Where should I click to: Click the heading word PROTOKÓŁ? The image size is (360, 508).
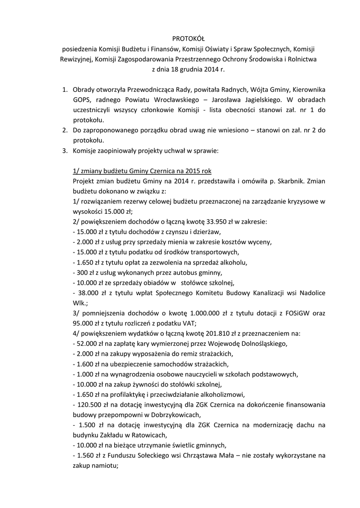(x=184, y=38)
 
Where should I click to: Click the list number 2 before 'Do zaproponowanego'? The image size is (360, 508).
(x=64, y=130)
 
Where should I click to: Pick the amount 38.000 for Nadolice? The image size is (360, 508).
(x=87, y=293)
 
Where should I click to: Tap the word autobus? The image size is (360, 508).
(x=185, y=272)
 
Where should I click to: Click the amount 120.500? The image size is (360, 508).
(x=91, y=405)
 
